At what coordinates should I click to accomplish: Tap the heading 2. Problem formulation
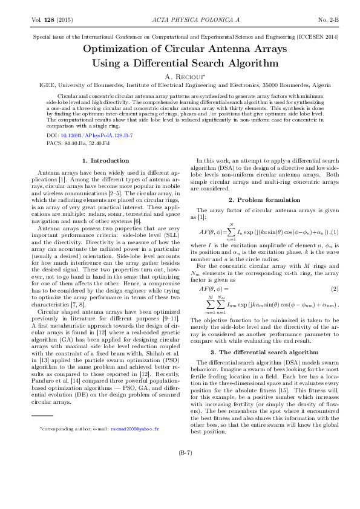[264, 199]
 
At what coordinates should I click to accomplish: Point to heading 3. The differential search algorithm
[264, 335]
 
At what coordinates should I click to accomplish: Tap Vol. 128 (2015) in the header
[52, 20]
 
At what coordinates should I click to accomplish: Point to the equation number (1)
[334, 232]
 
